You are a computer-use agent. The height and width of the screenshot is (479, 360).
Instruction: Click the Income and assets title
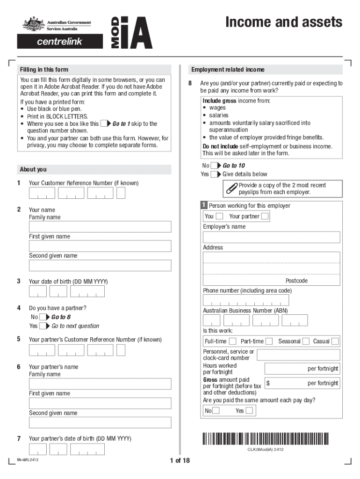(283, 22)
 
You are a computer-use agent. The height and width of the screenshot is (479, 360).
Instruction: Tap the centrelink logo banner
(59, 41)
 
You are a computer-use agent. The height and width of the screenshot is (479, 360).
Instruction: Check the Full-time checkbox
(232, 341)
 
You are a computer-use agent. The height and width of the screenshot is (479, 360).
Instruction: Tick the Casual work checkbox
(335, 341)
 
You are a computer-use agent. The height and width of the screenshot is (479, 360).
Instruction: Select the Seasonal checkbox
(306, 341)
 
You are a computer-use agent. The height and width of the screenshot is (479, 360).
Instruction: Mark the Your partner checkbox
(265, 216)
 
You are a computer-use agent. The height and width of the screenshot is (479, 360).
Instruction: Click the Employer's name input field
(271, 237)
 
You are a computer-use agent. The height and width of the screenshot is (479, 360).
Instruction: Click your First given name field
(100, 246)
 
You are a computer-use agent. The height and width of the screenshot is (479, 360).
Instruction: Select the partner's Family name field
(100, 384)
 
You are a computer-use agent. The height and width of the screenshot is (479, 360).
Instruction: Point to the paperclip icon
(231, 189)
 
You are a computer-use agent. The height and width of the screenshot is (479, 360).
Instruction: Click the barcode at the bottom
(266, 439)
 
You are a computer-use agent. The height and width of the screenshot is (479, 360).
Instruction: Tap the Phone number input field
(246, 300)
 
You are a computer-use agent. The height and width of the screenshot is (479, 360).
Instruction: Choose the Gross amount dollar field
(302, 383)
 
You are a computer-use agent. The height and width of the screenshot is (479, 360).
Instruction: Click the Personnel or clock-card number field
(298, 355)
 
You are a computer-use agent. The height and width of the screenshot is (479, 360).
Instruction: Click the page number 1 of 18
(180, 461)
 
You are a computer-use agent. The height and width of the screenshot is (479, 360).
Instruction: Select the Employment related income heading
(228, 70)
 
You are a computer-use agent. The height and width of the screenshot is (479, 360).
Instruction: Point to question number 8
(190, 83)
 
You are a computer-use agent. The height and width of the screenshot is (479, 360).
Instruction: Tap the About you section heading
(33, 169)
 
